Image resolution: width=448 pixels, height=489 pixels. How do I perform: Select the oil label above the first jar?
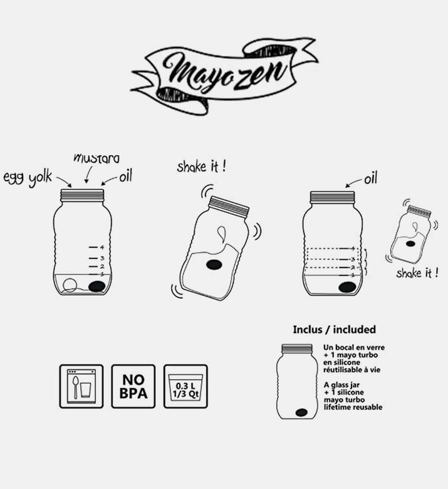pyautogui.click(x=126, y=176)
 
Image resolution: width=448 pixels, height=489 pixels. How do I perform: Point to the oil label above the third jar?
pyautogui.click(x=370, y=180)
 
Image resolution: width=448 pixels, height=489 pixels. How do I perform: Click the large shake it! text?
pyautogui.click(x=201, y=167)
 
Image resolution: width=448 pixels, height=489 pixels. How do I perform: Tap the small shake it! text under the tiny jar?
pyautogui.click(x=417, y=273)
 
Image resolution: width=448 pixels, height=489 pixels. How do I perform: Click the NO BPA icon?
pyautogui.click(x=133, y=386)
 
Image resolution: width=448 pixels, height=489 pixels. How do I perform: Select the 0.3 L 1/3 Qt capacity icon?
pyautogui.click(x=185, y=386)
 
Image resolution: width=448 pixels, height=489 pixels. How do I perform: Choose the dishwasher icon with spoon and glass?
pyautogui.click(x=81, y=386)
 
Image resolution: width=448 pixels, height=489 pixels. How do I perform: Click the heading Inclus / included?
pyautogui.click(x=334, y=329)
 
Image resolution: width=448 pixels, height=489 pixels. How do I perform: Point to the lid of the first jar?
pyautogui.click(x=82, y=195)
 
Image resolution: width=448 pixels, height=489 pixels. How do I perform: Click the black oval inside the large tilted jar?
pyautogui.click(x=214, y=265)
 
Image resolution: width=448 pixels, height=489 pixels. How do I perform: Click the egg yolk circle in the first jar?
pyautogui.click(x=69, y=284)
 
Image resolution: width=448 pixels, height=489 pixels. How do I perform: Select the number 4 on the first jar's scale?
pyautogui.click(x=101, y=247)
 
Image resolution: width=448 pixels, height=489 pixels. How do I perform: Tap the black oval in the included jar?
pyautogui.click(x=301, y=413)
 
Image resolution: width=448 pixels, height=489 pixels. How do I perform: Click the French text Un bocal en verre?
pyautogui.click(x=354, y=347)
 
